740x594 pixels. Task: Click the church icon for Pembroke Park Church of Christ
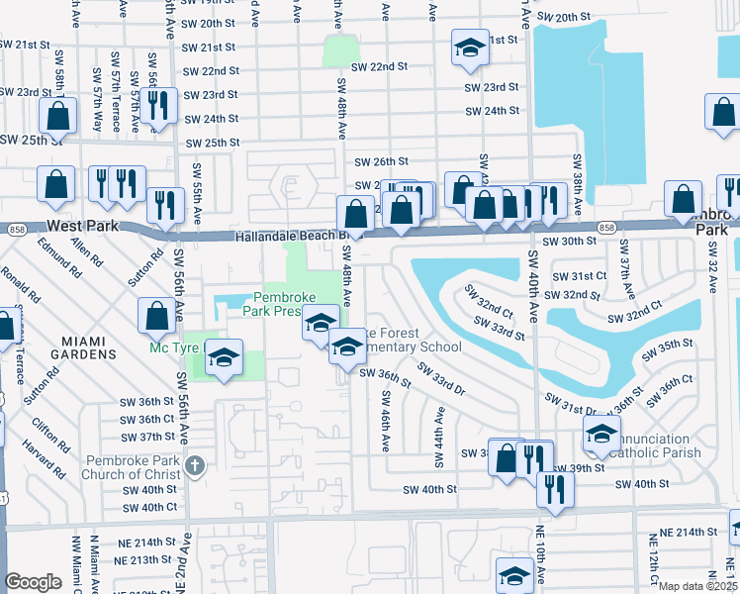(x=195, y=464)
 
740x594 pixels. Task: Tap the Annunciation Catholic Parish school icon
(x=601, y=431)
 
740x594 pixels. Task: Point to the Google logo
(x=33, y=582)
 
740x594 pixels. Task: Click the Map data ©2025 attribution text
(x=697, y=586)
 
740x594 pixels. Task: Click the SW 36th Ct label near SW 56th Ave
(x=148, y=419)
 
